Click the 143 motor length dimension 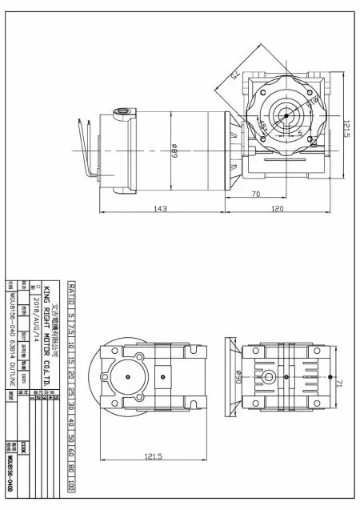point(160,210)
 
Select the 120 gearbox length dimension point(278,210)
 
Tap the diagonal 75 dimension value point(237,76)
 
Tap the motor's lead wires point(87,148)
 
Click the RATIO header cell point(71,293)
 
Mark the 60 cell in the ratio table point(71,452)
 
